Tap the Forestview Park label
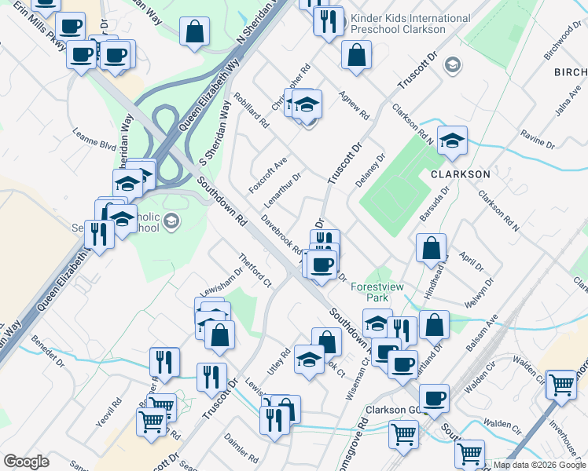click(x=377, y=293)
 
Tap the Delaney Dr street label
click(x=370, y=169)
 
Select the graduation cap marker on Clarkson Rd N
click(x=452, y=141)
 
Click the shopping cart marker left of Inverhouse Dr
click(x=562, y=384)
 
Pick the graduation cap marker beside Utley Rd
click(x=309, y=360)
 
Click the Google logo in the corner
click(x=26, y=462)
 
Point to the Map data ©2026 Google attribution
click(x=539, y=465)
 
